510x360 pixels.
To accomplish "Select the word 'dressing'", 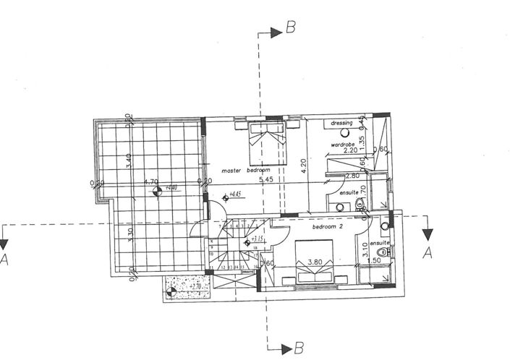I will click(341, 124).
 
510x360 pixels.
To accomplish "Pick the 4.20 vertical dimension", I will click(304, 168).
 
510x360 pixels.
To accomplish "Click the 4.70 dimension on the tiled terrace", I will click(151, 182).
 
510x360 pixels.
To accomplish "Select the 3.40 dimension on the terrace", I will click(127, 157).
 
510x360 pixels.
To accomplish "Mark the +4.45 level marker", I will click(234, 194).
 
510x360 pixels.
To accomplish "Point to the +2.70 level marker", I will click(194, 287).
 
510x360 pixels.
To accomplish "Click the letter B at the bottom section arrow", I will click(298, 348).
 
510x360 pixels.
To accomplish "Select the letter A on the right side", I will click(427, 253).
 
